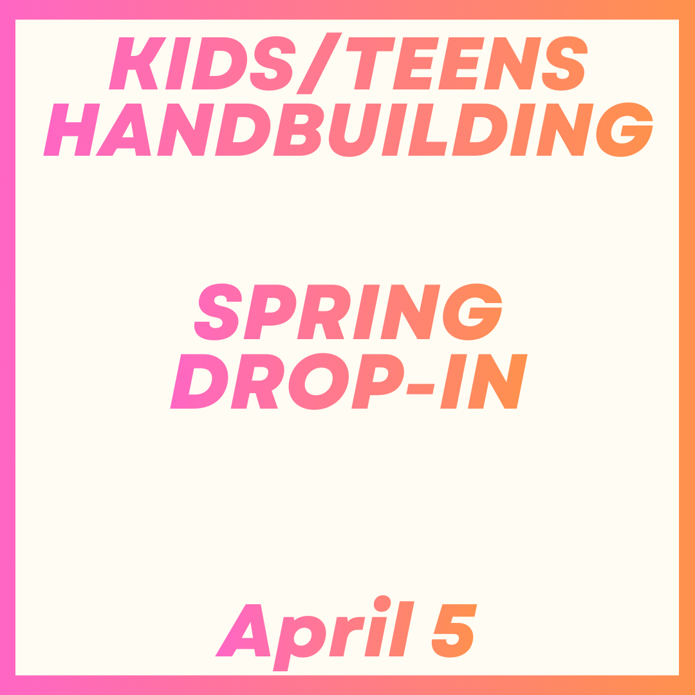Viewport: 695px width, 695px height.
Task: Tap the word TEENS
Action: [466, 63]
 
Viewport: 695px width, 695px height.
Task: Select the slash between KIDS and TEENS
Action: [319, 63]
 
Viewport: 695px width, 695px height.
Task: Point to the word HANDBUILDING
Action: [348, 129]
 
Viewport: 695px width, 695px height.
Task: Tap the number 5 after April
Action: [454, 631]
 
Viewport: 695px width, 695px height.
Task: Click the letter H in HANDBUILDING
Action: [71, 129]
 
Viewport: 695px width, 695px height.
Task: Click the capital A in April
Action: [244, 631]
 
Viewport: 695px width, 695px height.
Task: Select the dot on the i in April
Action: [382, 602]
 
